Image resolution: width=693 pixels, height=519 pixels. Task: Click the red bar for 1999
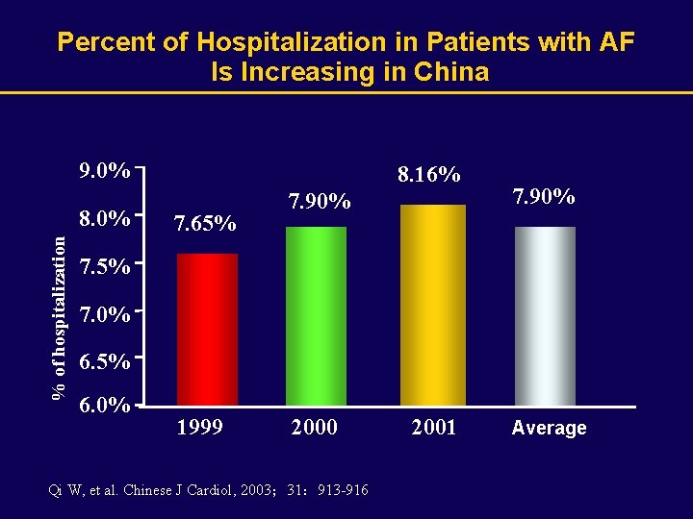207,329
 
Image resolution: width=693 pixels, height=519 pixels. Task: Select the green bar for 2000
316,315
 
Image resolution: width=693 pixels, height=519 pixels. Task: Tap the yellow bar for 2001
432,305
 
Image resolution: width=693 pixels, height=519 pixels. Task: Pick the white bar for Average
545,315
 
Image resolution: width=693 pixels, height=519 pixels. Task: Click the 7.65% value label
204,225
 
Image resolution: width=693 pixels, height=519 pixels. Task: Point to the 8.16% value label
428,175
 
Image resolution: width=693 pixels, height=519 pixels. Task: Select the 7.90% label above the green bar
320,202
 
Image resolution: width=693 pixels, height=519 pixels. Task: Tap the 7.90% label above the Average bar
544,197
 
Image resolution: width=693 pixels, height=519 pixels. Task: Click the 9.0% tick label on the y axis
105,171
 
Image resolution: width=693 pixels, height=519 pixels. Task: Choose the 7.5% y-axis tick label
105,267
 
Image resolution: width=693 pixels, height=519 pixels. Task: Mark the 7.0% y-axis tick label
105,314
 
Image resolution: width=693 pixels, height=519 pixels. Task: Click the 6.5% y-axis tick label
105,362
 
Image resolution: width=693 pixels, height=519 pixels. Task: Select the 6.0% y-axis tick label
105,406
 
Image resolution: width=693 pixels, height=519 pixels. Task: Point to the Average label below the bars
549,429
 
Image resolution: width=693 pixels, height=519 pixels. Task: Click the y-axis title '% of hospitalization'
60,316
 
